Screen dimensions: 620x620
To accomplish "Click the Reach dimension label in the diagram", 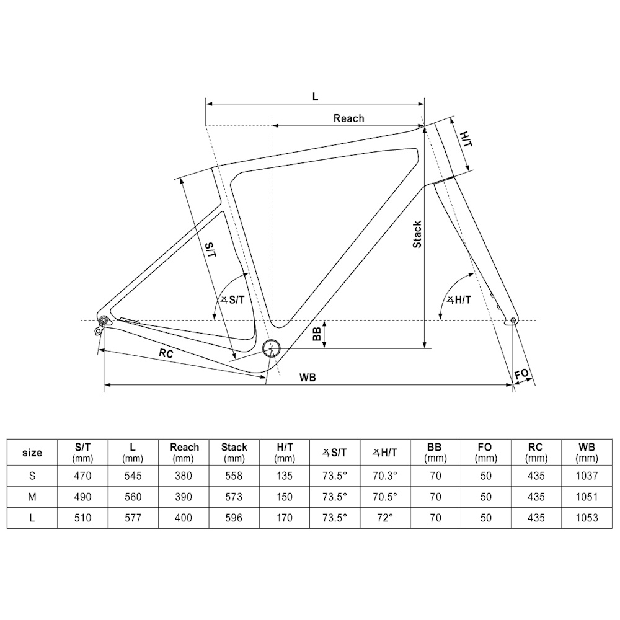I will tap(348, 118).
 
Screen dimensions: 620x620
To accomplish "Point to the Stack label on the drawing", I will tap(418, 234).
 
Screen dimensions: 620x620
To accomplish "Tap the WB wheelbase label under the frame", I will tap(308, 378).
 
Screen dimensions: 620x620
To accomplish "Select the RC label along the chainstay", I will tap(166, 353).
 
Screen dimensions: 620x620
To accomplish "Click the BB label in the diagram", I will tap(317, 335).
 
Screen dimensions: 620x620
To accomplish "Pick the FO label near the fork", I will tap(521, 374).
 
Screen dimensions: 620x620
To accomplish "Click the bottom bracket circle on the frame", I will tap(270, 348).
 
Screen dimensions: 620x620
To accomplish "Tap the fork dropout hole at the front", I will tap(511, 321).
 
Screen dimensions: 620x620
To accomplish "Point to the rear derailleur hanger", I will tap(100, 327).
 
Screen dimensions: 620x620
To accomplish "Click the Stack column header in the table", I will tap(234, 452).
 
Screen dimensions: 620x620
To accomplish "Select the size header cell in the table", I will tap(32, 453).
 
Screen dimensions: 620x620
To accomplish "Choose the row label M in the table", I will tap(32, 497).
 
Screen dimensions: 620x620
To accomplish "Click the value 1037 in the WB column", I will tap(587, 476).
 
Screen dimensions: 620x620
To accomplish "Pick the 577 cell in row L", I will tap(133, 518).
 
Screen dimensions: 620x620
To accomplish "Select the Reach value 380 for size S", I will tap(184, 476).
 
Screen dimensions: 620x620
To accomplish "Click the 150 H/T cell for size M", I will tap(285, 497).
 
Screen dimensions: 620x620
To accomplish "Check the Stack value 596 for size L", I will tap(234, 518).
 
